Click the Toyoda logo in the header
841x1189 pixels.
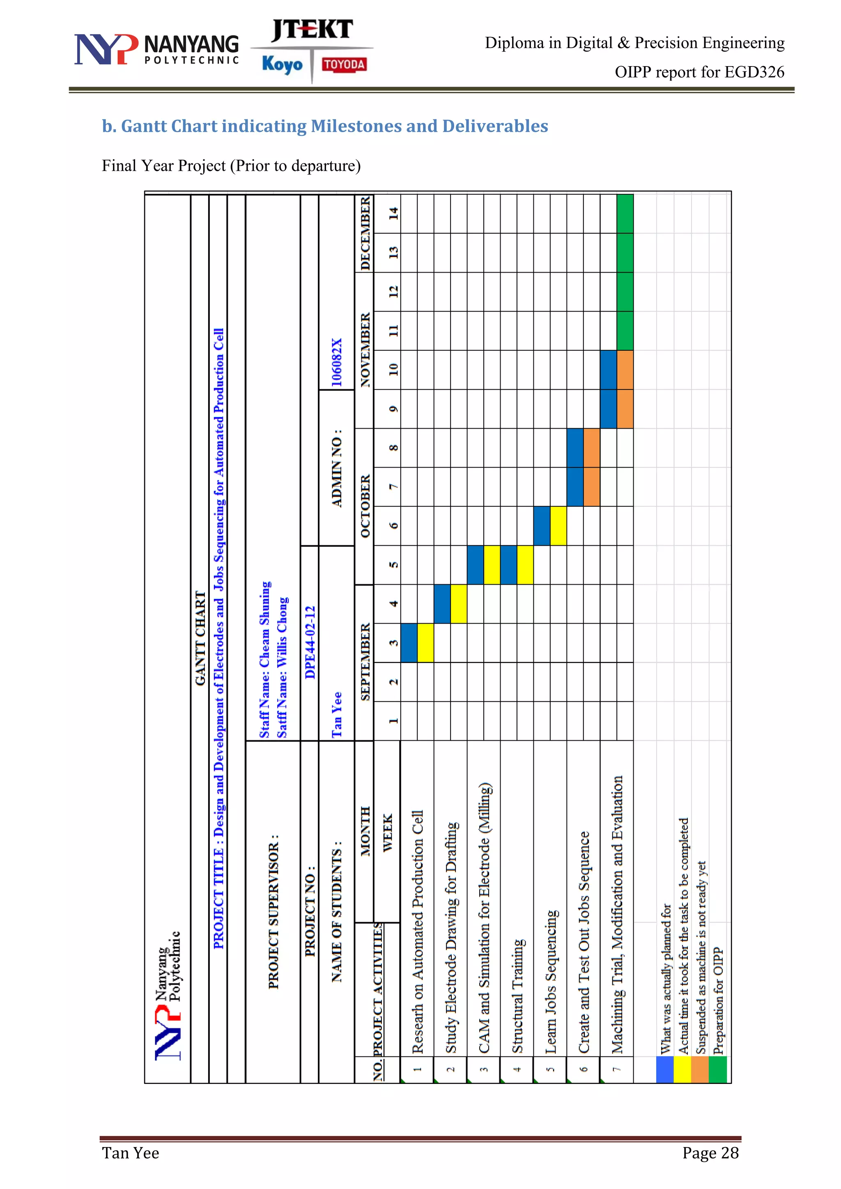click(344, 64)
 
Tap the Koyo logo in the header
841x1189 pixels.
click(282, 64)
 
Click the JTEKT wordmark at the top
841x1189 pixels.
click(312, 30)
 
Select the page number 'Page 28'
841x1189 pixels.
click(710, 1153)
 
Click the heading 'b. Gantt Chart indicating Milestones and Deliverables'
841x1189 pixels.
click(325, 126)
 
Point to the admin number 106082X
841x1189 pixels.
click(337, 363)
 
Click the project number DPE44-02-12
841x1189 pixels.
click(310, 642)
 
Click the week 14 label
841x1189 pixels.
click(393, 213)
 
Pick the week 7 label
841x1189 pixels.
click(393, 487)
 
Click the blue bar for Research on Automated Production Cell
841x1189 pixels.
click(409, 643)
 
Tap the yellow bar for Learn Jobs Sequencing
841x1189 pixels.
click(558, 526)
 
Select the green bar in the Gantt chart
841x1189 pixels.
click(625, 272)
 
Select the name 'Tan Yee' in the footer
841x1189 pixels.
click(131, 1153)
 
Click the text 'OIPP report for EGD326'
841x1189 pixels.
click(699, 72)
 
